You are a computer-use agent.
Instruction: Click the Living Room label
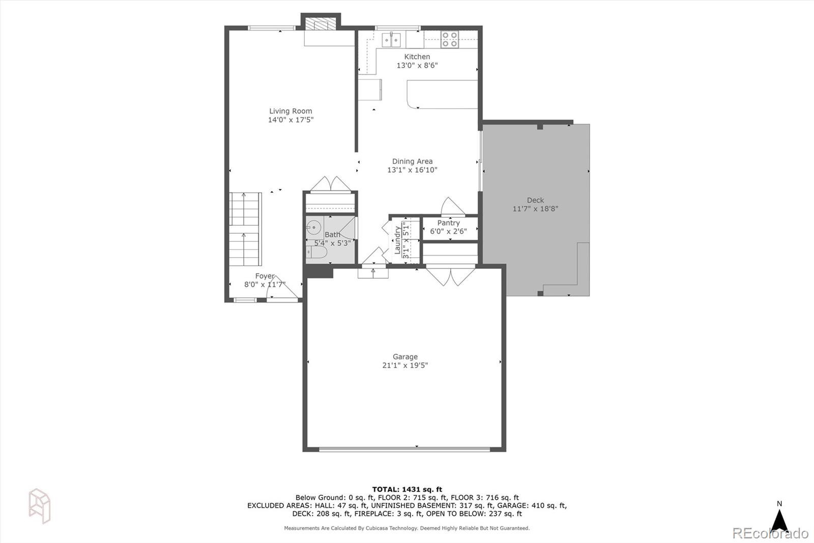click(290, 111)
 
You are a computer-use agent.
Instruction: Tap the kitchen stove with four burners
click(450, 40)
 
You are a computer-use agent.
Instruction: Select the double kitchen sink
click(391, 39)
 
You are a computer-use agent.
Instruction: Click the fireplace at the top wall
click(321, 24)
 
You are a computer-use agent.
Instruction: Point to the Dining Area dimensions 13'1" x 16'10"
click(412, 170)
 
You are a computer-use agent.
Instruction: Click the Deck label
click(535, 200)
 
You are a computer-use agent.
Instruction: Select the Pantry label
click(448, 223)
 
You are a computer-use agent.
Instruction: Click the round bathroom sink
click(314, 228)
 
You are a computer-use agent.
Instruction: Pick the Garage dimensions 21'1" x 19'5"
click(405, 365)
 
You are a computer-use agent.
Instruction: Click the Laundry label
click(397, 239)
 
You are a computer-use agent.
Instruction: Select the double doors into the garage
click(451, 276)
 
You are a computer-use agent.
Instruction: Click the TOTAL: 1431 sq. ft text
click(407, 490)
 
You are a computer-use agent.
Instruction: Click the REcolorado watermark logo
click(770, 533)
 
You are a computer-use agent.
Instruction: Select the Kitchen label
click(417, 57)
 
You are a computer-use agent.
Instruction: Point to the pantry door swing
click(452, 206)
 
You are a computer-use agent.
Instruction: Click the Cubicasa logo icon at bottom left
click(39, 506)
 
